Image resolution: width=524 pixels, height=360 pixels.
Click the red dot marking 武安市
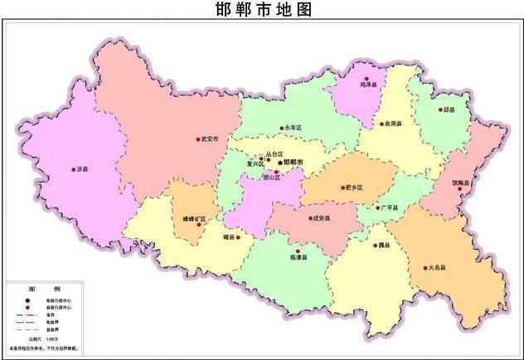pos(197,139)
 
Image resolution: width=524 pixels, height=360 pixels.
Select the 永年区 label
pos(294,128)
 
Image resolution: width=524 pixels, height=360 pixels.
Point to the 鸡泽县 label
pos(369,84)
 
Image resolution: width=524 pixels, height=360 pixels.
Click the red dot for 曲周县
pos(381,124)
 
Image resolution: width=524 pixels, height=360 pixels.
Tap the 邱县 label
pos(449,109)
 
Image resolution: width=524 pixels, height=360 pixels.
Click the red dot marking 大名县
pos(426,268)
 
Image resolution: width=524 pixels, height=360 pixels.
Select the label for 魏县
pos(383,246)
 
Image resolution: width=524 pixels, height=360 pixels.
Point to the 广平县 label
pos(389,207)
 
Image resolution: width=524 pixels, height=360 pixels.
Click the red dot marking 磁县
pos(239,237)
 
